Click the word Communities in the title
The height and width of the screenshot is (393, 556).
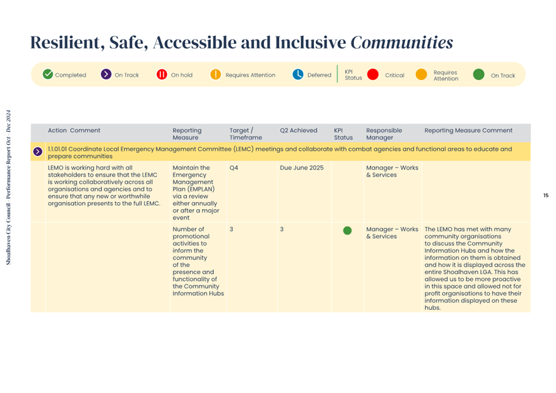pos(402,43)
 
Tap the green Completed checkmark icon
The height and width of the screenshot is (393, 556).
pos(48,74)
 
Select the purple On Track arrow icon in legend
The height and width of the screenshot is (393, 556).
pos(106,74)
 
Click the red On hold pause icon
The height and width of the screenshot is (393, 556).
pos(162,74)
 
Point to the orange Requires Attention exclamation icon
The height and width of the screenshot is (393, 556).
pos(216,74)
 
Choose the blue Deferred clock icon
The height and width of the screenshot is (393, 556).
pos(298,74)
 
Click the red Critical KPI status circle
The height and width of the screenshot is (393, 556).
pos(373,74)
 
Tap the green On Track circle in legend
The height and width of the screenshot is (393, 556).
pos(478,74)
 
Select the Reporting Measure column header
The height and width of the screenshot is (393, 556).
pos(186,134)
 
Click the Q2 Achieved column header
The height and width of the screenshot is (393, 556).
pos(298,131)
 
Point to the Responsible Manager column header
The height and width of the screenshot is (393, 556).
pos(384,134)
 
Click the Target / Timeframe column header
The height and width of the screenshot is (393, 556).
pos(241,134)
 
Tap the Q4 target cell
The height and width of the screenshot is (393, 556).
pos(234,168)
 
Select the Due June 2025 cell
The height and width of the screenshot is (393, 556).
pos(301,168)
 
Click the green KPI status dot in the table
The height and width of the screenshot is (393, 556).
pos(347,230)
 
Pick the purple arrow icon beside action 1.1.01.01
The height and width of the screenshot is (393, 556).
pos(38,151)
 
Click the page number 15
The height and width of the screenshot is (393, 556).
pos(545,196)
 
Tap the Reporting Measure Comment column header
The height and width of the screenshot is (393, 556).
pos(468,131)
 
